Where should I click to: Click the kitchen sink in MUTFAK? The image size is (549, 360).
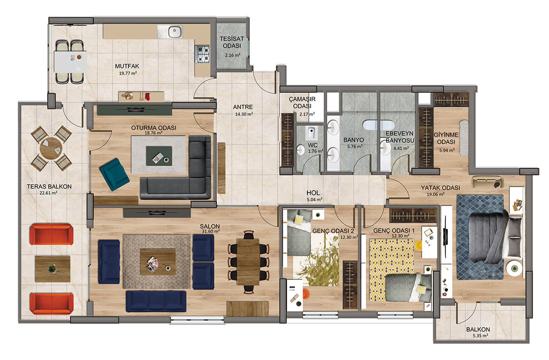(x=170, y=32)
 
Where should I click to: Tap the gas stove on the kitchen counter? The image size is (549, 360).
(x=202, y=54)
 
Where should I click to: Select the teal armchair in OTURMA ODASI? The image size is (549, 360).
(x=114, y=174)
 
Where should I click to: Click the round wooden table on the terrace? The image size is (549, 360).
(x=51, y=149)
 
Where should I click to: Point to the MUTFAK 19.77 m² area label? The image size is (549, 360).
(x=127, y=70)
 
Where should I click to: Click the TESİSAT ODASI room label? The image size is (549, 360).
(x=231, y=42)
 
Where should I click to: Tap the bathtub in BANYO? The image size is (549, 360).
(x=378, y=125)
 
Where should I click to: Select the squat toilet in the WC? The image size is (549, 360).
(x=311, y=133)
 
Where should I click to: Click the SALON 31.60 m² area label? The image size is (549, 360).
(x=210, y=228)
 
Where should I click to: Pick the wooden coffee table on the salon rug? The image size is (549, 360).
(x=158, y=262)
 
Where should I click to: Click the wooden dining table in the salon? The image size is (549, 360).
(x=248, y=262)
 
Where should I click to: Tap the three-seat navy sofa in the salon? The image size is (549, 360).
(x=156, y=301)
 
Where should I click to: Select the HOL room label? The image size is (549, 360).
(x=313, y=193)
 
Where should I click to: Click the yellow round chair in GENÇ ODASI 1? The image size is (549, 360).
(x=419, y=246)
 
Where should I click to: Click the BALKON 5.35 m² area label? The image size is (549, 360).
(x=478, y=332)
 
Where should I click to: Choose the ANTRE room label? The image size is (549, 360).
(x=243, y=107)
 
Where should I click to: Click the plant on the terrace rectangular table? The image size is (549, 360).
(x=52, y=269)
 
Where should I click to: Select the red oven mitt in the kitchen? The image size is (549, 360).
(x=147, y=97)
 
